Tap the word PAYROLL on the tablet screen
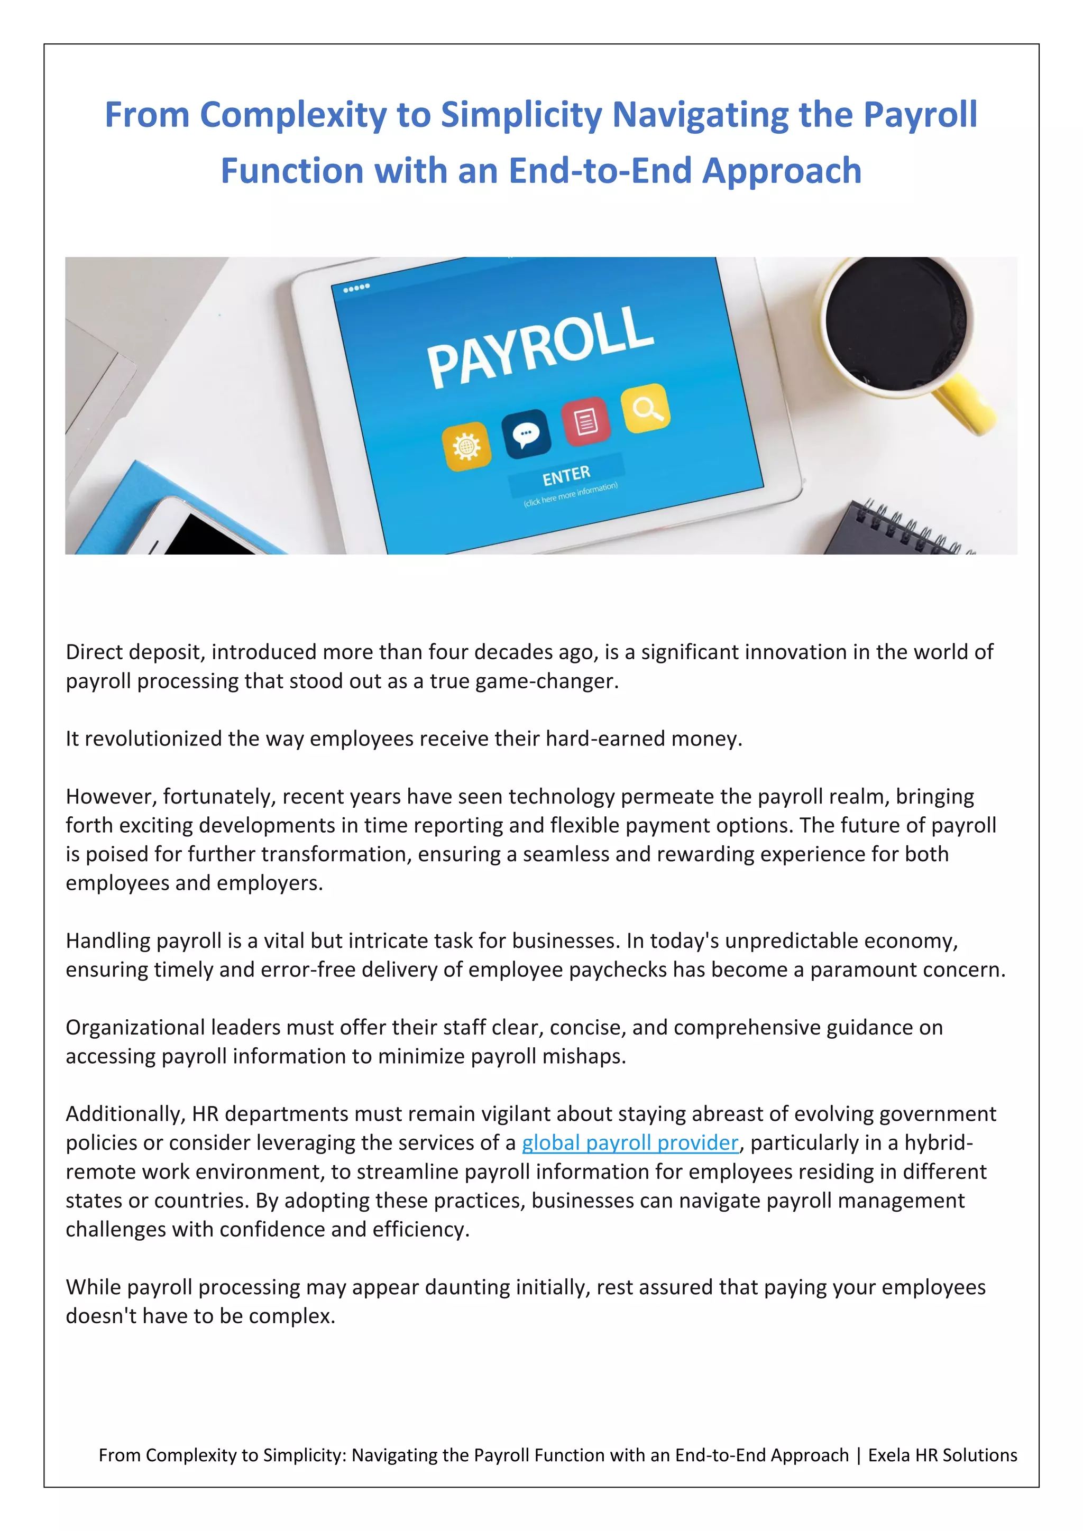540,346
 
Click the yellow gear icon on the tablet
466,446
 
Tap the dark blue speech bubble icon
526,434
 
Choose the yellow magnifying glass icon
645,408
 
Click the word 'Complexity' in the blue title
293,115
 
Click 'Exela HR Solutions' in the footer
942,1455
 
